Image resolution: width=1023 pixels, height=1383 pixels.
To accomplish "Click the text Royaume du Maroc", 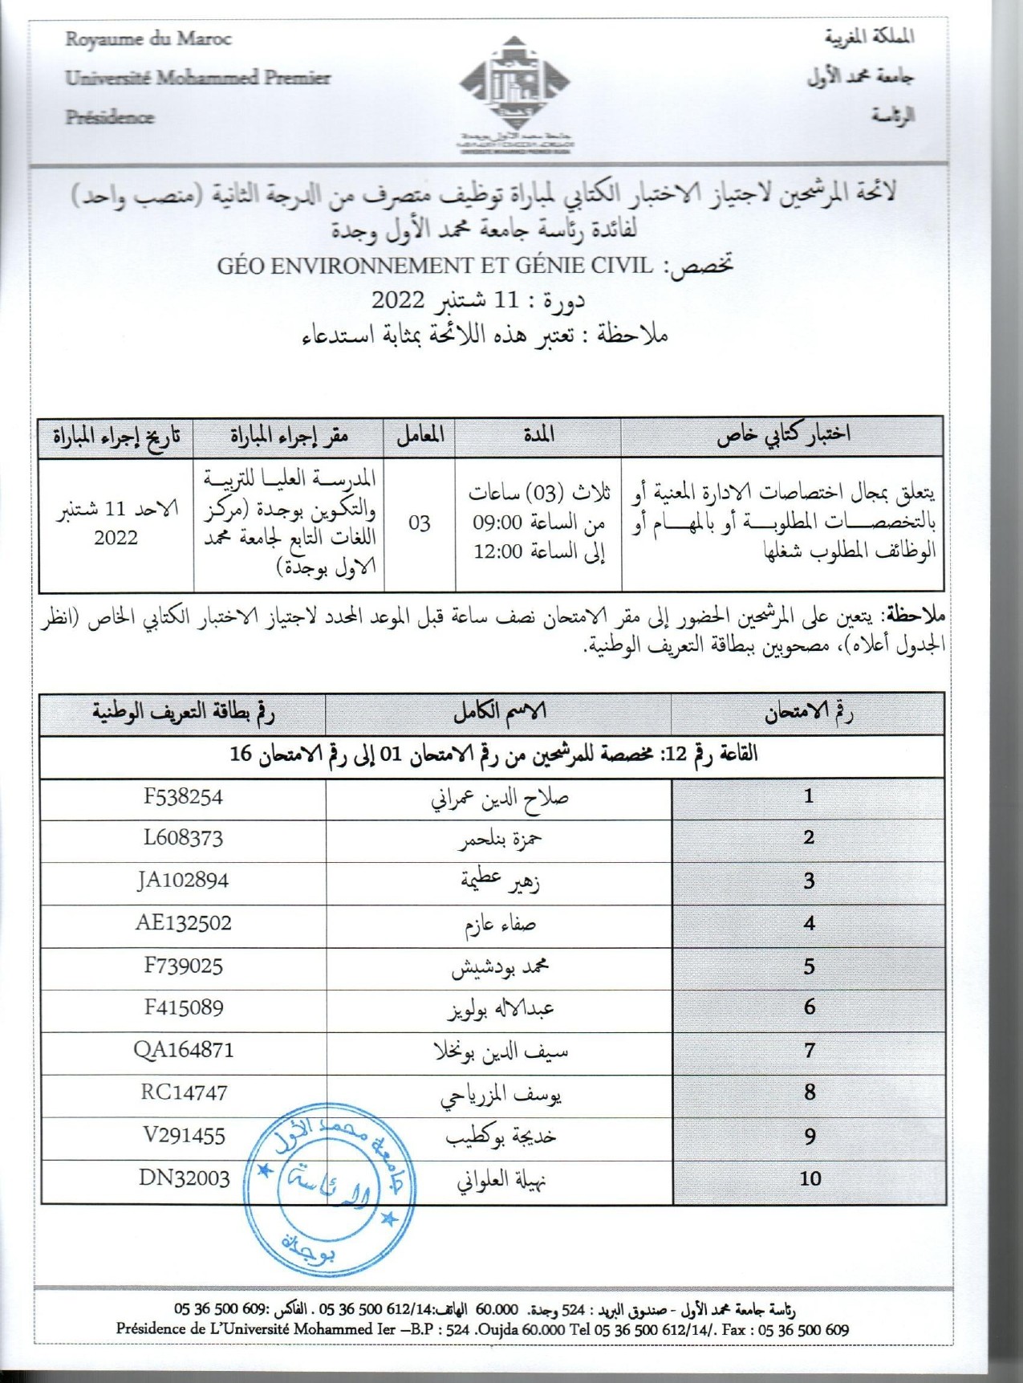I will point(148,39).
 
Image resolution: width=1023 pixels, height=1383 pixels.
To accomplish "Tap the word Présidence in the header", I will point(109,117).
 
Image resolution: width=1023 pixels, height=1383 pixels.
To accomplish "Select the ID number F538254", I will point(183,797).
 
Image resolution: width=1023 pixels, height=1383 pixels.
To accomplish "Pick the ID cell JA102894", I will point(183,881).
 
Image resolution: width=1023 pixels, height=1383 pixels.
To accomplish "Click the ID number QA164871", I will point(183,1050).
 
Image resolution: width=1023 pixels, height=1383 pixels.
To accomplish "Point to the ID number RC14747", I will point(183,1092).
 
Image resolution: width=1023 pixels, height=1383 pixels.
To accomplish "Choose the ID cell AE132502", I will point(183,923).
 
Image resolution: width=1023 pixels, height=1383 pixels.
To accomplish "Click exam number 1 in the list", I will point(809,796).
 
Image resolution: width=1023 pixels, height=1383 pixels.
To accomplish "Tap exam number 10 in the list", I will point(810,1178).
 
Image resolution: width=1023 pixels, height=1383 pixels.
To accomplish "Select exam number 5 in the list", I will point(809,966).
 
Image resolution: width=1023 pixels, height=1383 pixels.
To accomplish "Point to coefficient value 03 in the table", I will point(419,523).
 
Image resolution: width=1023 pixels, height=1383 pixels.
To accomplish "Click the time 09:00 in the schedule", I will point(497,524).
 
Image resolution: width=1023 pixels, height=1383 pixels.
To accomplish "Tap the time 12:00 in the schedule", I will point(497,552).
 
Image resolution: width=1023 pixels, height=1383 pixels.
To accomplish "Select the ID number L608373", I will point(183,838).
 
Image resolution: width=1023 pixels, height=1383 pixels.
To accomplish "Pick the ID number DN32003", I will point(184,1178).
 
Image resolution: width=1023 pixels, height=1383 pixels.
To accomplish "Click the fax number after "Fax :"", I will point(803,1330).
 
